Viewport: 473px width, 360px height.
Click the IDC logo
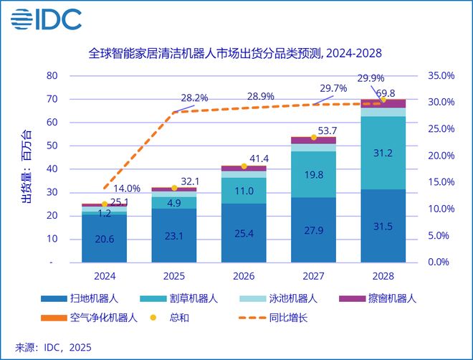coord(45,19)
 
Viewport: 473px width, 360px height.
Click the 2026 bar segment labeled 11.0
coord(244,191)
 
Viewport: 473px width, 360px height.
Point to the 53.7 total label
coord(328,131)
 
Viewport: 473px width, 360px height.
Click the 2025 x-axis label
coord(174,275)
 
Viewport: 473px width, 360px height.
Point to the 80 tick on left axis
coord(52,75)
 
